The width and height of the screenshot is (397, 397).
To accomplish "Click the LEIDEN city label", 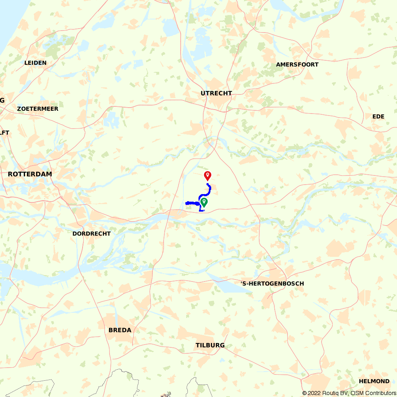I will pos(35,63).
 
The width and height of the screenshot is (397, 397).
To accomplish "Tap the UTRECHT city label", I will pos(216,93).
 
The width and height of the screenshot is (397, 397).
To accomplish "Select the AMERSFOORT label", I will pos(297,64).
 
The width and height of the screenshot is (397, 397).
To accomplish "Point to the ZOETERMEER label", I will pos(38,109).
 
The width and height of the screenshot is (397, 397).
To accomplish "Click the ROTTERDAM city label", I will pos(30,174).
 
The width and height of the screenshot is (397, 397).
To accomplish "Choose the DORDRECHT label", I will pos(91,234).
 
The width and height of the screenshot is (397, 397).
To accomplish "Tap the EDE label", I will pos(378,116).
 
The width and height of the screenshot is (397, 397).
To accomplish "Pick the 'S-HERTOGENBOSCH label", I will pos(272,283).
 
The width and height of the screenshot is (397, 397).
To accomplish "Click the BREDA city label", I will pos(120,330).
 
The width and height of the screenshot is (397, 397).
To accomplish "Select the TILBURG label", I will pos(210,345).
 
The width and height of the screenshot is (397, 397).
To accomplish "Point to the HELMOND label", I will pos(374,381).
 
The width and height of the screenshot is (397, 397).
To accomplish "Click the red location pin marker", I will pos(207,175).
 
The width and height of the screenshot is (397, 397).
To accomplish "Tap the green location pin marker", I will pos(204,202).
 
